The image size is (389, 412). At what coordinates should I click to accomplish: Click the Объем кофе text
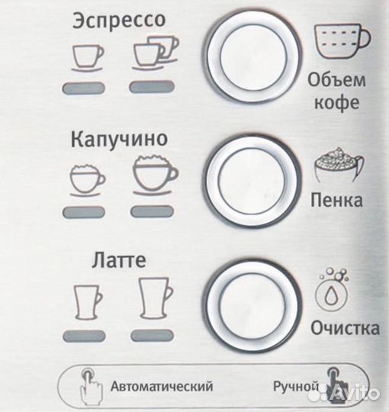(x=337, y=91)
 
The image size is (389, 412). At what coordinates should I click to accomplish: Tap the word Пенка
(x=336, y=201)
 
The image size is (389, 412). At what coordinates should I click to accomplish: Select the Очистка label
(x=345, y=329)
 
